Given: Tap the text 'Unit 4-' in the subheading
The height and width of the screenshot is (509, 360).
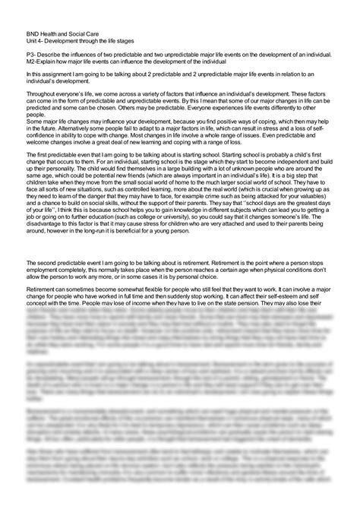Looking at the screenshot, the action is [35, 41].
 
